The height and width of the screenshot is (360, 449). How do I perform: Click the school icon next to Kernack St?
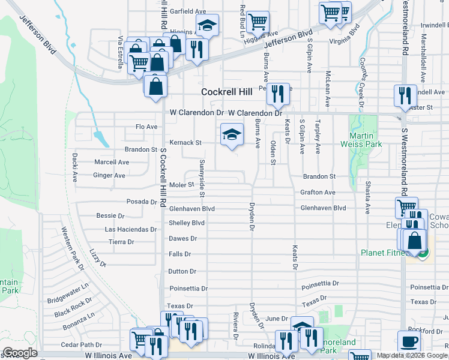pyautogui.click(x=232, y=134)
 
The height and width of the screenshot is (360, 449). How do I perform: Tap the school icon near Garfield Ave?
pyautogui.click(x=207, y=26)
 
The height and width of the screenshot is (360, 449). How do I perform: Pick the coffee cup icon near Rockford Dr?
pyautogui.click(x=409, y=341)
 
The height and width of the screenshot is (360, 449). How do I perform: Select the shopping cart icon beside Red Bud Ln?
pyautogui.click(x=258, y=21)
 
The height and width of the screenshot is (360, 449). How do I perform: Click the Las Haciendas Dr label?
pyautogui.click(x=131, y=229)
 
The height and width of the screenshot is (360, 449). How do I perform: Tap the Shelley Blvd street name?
pyautogui.click(x=187, y=223)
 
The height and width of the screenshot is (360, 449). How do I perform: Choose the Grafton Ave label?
pyautogui.click(x=318, y=193)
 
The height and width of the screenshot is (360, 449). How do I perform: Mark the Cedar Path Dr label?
pyautogui.click(x=82, y=345)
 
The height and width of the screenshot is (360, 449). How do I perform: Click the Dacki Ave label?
pyautogui.click(x=75, y=169)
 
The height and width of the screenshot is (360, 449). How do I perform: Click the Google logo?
pyautogui.click(x=20, y=353)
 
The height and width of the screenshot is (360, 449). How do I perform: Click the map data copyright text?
pyautogui.click(x=412, y=355)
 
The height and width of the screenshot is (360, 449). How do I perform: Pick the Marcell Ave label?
pyautogui.click(x=112, y=162)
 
